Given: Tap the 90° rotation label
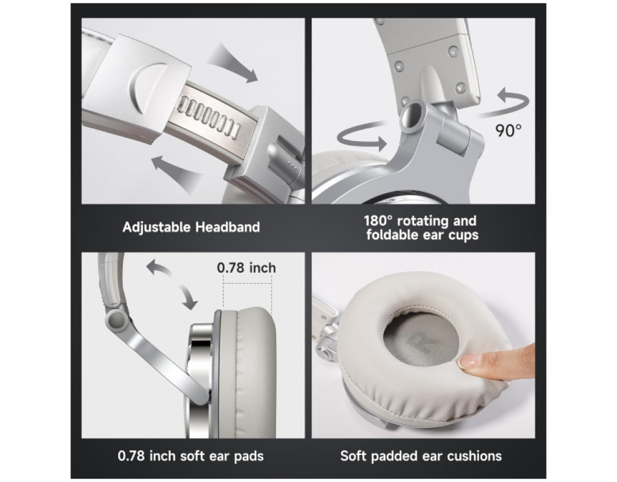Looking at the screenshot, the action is click(509, 130).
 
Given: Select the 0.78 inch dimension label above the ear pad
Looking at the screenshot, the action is click(246, 268).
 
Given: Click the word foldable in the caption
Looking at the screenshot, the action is click(394, 234).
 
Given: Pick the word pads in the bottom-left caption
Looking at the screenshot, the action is click(249, 456).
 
